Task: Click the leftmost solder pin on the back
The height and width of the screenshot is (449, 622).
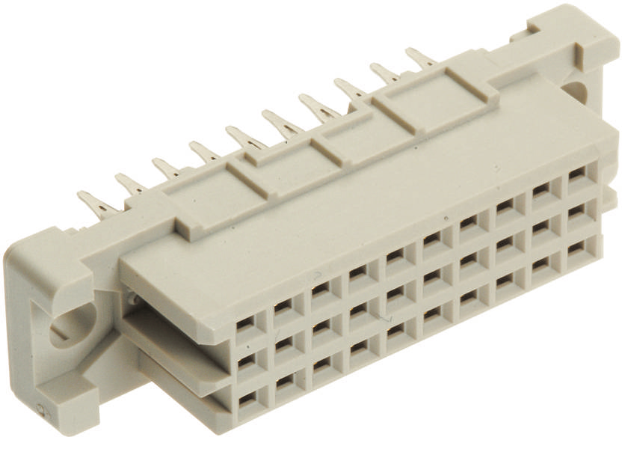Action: tap(96, 203)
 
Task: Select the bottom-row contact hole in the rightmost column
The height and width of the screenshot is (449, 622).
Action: tap(576, 246)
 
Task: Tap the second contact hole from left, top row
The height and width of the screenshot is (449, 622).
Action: tap(283, 307)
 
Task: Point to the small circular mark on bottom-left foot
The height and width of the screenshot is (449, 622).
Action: tap(40, 409)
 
